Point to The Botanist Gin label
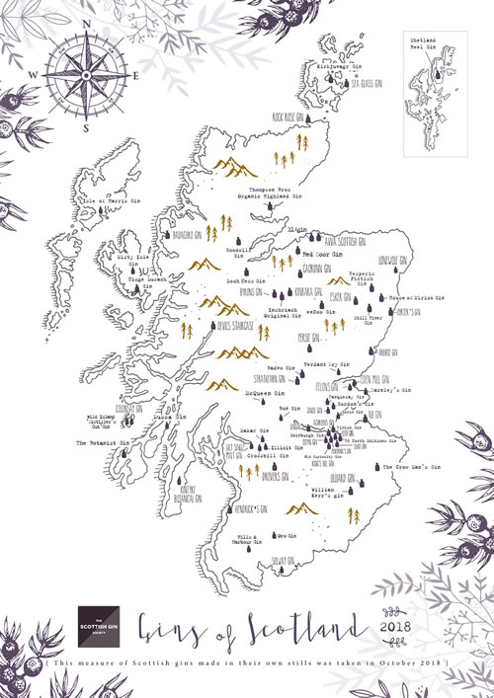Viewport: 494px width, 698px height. (104, 443)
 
